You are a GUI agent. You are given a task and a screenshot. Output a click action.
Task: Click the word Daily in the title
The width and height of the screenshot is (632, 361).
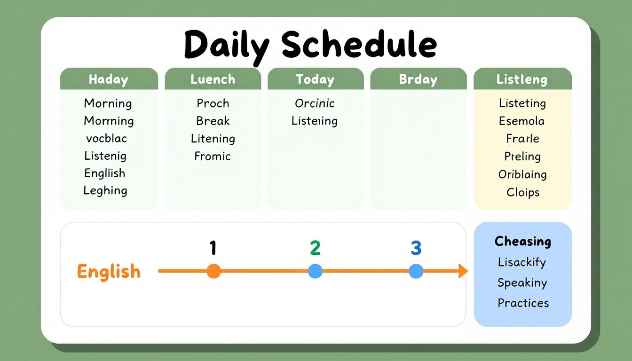pyautogui.click(x=227, y=47)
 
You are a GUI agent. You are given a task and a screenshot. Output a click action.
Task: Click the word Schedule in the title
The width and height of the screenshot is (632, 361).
pyautogui.click(x=359, y=44)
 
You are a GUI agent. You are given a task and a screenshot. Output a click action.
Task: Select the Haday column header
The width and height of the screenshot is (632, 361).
pyautogui.click(x=109, y=79)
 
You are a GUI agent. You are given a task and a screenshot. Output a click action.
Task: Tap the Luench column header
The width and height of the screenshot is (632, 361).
pyautogui.click(x=213, y=79)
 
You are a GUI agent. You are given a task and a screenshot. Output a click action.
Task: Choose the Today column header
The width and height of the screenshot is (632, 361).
pyautogui.click(x=315, y=79)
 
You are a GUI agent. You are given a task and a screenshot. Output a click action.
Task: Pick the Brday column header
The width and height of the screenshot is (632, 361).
pyautogui.click(x=418, y=79)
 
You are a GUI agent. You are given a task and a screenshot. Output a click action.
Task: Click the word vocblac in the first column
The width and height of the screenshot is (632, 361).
pyautogui.click(x=106, y=138)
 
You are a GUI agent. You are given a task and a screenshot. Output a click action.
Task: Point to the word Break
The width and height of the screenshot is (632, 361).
pyautogui.click(x=213, y=121)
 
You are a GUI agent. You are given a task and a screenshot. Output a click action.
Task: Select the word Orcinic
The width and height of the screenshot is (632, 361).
pyautogui.click(x=315, y=103)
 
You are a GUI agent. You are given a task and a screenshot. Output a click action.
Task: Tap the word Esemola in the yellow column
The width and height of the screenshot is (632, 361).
pyautogui.click(x=521, y=121)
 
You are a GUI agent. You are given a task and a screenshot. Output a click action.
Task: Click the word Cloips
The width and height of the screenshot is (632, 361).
pyautogui.click(x=523, y=192)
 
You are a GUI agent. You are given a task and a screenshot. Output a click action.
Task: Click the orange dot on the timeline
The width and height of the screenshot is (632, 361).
pyautogui.click(x=213, y=271)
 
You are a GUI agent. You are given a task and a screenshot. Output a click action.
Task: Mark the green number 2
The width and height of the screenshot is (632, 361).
pyautogui.click(x=315, y=248)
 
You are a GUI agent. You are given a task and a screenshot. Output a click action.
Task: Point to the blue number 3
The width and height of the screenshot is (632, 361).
pyautogui.click(x=416, y=248)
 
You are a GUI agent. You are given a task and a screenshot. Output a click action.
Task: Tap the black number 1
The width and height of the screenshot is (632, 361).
pyautogui.click(x=213, y=248)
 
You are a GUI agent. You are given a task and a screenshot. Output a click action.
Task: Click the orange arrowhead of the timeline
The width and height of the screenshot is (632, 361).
pyautogui.click(x=463, y=271)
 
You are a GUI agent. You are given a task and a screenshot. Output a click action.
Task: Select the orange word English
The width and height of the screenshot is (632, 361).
pyautogui.click(x=109, y=272)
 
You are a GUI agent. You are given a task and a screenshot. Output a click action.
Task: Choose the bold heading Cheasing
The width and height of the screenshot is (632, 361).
pyautogui.click(x=523, y=242)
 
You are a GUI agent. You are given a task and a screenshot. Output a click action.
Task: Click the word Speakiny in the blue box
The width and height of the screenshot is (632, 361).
pyautogui.click(x=522, y=283)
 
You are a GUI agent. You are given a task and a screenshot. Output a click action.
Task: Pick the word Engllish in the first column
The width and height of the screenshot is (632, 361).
pyautogui.click(x=105, y=173)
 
